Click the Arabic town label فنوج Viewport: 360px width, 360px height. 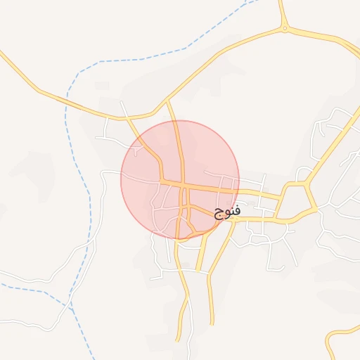[x=227, y=210]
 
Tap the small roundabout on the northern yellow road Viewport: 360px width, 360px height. [x=284, y=29]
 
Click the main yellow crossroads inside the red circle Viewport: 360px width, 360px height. [x=183, y=186]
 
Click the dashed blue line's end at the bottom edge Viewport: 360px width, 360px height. [x=94, y=358]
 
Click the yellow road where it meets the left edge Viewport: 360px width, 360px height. [x=2, y=52]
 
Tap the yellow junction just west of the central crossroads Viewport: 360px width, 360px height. [x=162, y=182]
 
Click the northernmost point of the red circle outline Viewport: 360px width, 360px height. [x=180, y=121]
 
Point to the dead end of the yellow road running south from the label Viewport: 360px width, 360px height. [x=211, y=324]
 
